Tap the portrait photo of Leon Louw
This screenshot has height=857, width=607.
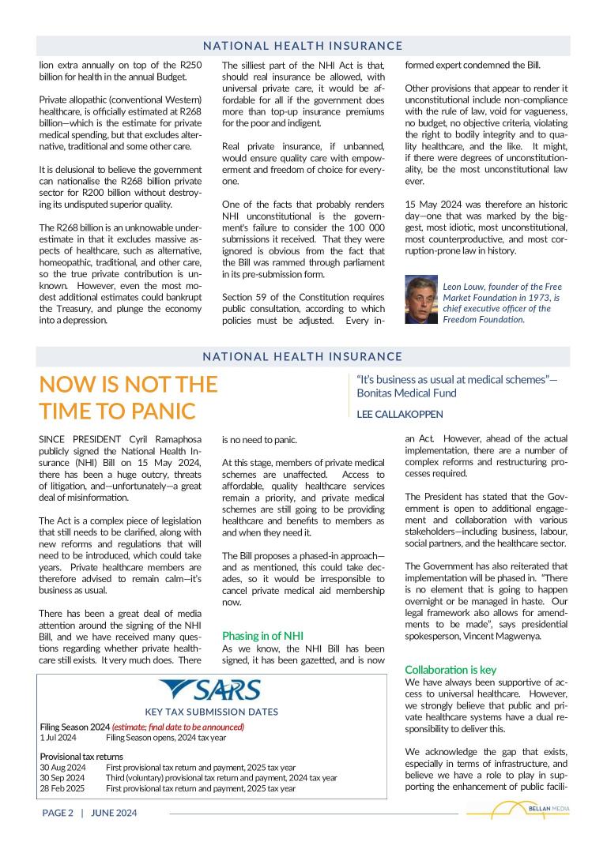tap(421, 300)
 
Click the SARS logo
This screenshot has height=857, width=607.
tap(209, 691)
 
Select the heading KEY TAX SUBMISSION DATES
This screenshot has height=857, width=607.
tap(211, 712)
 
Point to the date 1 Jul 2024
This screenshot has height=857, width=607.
tap(58, 738)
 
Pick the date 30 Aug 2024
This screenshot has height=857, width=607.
tap(62, 767)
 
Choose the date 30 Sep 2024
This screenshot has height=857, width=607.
tap(62, 777)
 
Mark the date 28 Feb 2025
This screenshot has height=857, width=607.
tap(62, 788)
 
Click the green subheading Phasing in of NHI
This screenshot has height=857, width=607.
tap(262, 635)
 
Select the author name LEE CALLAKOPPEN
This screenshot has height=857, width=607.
tap(400, 414)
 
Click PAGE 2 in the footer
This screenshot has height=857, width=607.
tap(58, 813)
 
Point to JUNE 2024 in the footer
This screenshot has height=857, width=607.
tap(114, 813)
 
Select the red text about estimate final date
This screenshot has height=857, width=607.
tap(178, 727)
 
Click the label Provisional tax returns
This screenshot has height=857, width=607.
tap(81, 757)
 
